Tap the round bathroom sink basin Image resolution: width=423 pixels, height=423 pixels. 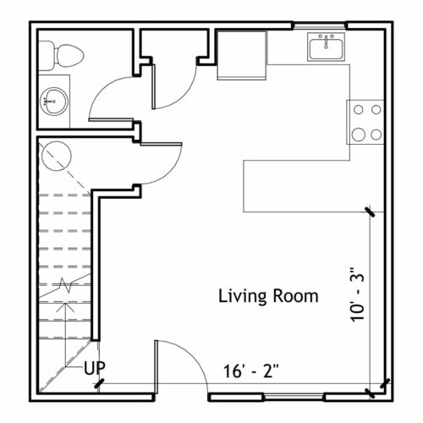[x=53, y=102]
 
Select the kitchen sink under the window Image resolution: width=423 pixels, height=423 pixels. [x=327, y=47]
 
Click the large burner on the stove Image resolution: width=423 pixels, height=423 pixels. [x=359, y=135]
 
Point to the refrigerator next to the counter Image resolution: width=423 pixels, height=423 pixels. [x=242, y=55]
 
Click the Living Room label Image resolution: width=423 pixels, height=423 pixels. [x=268, y=296]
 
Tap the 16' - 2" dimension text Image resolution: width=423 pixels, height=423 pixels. [x=251, y=371]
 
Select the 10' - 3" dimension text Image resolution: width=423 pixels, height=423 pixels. [x=357, y=294]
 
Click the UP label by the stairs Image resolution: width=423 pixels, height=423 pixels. [x=95, y=368]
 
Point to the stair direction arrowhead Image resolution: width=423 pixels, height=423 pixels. [x=65, y=307]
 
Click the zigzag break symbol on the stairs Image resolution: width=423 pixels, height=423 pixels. [x=65, y=285]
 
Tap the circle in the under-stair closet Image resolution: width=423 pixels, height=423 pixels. [x=57, y=156]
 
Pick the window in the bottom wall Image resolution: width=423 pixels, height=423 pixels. [x=294, y=397]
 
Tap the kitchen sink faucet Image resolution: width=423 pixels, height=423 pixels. [x=327, y=41]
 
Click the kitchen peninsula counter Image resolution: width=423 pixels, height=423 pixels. [x=314, y=186]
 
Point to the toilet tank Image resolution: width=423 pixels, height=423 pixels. [x=46, y=56]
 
